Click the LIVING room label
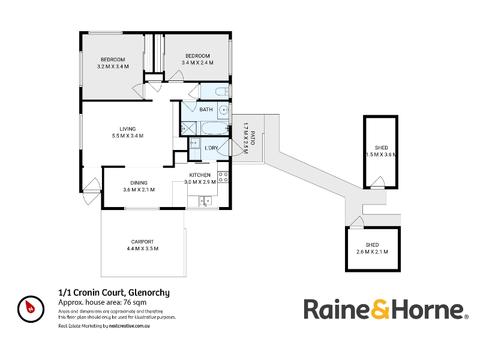128,129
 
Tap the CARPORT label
142,242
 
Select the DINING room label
139,183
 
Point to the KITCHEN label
200,175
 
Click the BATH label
206,109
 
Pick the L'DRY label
211,148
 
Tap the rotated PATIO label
253,138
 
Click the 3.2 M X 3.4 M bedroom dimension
113,67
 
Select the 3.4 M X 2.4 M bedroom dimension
197,63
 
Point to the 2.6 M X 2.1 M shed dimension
372,252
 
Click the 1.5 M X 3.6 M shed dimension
381,155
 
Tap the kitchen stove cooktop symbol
223,177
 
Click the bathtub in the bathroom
215,128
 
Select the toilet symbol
222,92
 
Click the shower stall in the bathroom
188,128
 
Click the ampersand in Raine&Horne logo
381,310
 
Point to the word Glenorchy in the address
149,293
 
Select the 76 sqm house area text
134,302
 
